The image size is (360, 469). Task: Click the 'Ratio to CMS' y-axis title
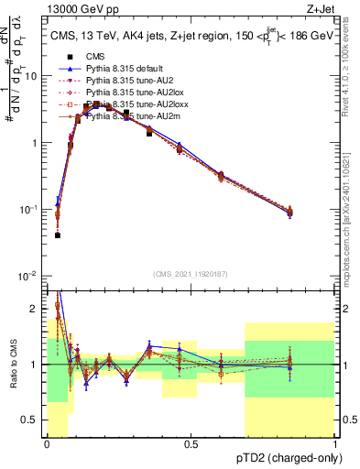[x=13, y=365]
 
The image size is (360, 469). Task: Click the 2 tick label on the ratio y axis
[x=36, y=307]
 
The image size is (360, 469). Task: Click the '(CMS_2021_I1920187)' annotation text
[x=190, y=273]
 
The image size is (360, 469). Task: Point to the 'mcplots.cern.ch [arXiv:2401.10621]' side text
[x=346, y=220]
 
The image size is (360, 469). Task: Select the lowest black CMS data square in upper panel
[x=57, y=235]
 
